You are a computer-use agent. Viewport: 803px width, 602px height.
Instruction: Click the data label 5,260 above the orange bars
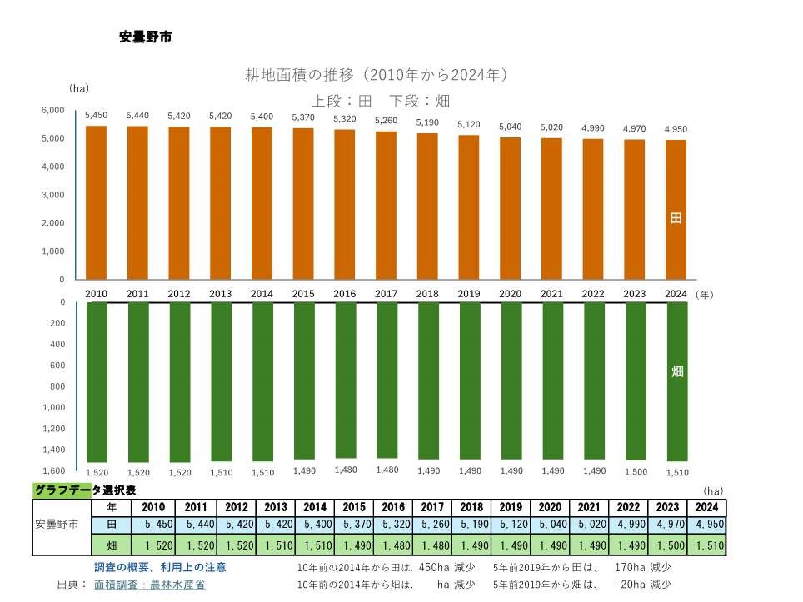386,121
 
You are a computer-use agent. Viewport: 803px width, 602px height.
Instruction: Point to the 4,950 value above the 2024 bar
676,129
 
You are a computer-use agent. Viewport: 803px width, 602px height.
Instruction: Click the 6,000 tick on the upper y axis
53,110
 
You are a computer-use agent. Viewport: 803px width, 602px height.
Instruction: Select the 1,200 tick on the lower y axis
53,428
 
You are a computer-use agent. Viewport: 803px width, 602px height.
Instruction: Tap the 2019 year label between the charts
468,294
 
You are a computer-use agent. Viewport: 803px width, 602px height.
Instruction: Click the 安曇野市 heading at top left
146,37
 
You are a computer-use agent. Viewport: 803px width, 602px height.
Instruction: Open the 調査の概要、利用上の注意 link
160,567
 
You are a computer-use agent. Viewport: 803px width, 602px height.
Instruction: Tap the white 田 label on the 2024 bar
676,218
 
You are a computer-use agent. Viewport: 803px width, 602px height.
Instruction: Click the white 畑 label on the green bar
676,371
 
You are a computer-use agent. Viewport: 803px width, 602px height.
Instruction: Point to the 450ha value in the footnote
434,567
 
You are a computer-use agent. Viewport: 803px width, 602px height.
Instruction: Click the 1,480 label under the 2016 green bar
345,470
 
